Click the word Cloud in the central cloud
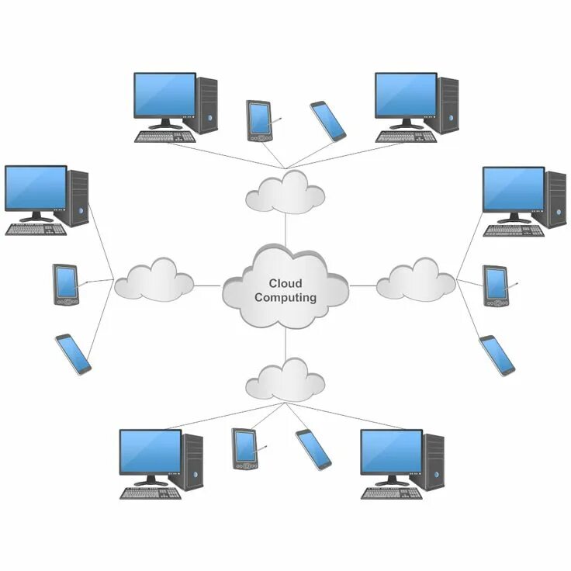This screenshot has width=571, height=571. [285, 284]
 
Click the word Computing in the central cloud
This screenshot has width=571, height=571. [285, 297]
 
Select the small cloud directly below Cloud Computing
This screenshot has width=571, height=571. [285, 379]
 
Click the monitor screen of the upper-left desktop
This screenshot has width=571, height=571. [164, 95]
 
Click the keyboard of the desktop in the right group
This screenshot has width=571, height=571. [513, 230]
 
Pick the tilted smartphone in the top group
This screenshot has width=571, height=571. [328, 121]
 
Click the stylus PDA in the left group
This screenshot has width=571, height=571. [66, 284]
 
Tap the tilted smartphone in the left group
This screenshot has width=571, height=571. [74, 355]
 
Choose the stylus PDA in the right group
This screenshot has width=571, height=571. [495, 285]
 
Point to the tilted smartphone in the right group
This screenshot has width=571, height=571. [497, 355]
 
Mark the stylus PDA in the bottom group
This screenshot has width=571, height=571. [244, 448]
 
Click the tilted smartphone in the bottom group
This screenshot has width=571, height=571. [313, 448]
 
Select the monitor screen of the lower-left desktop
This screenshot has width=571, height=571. [151, 452]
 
